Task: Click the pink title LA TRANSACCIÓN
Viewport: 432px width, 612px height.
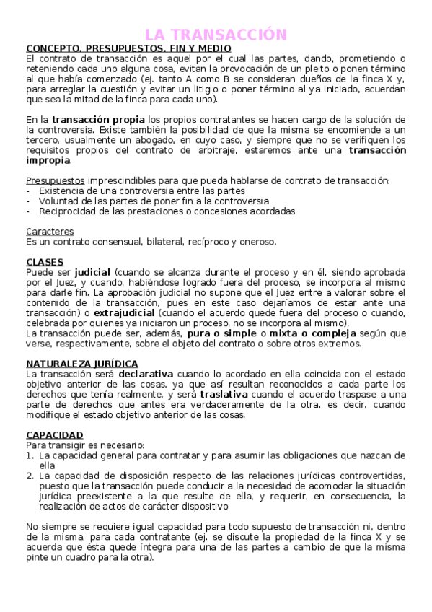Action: (216, 34)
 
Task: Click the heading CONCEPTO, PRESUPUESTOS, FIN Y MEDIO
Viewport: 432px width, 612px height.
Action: (128, 48)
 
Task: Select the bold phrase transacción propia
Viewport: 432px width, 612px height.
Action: (98, 119)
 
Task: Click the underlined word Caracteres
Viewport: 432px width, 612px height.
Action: (50, 232)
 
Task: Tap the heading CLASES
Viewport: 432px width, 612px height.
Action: (45, 262)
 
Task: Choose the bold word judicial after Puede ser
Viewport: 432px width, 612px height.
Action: (92, 272)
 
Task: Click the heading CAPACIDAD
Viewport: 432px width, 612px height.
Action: (55, 435)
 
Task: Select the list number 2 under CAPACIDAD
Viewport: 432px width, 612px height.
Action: (30, 476)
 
